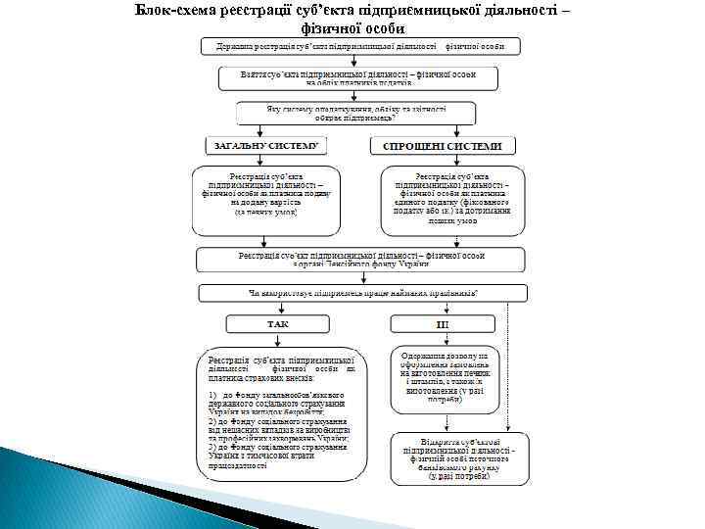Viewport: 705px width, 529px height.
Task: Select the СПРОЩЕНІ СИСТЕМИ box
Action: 442,146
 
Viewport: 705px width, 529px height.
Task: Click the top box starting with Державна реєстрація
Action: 360,46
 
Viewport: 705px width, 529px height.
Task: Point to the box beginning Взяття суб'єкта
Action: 356,77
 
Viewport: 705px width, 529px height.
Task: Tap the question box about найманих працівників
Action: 362,293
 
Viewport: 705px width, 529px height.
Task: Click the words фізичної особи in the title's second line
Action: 352,27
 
